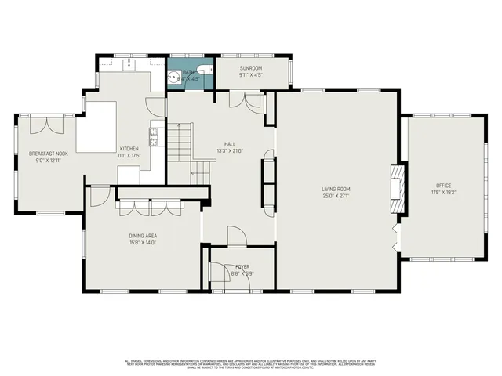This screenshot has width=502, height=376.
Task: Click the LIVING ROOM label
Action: [x=335, y=189]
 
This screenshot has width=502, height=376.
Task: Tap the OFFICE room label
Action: [x=444, y=186]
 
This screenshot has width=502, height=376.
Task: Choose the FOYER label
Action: [x=242, y=267]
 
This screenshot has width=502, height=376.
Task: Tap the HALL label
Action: [x=230, y=144]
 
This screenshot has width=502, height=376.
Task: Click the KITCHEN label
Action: [x=129, y=149]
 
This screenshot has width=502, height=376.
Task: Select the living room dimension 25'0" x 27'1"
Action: [x=335, y=196]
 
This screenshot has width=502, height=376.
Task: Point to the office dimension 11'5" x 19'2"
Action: [x=444, y=193]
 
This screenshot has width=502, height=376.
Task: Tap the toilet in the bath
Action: [x=201, y=70]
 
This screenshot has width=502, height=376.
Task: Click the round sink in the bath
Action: [x=173, y=78]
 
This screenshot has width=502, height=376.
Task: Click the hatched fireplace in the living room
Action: [x=398, y=188]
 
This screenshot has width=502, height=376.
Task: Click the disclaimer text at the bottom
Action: [x=251, y=364]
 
